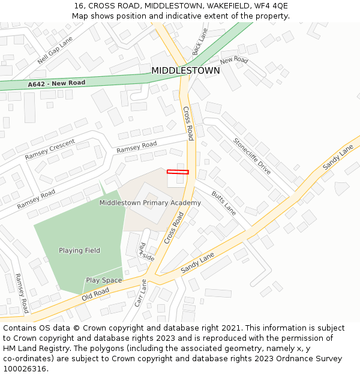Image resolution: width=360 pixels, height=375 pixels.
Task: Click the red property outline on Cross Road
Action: pos(178,172)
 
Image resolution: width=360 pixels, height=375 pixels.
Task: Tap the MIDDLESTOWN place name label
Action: pos(185,71)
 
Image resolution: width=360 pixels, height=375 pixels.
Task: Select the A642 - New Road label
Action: pos(56,84)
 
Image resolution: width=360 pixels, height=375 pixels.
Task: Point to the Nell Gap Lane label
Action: pos(55,50)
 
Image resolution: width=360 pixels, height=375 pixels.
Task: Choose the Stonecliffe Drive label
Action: pos(252,156)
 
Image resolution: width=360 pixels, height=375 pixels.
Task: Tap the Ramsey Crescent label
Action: pos(50,149)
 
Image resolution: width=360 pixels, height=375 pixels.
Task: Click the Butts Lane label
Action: pos(224,204)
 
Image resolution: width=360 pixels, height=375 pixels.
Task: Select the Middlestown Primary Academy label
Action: pos(150,203)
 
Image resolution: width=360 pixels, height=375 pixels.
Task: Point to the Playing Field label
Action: pos(79,250)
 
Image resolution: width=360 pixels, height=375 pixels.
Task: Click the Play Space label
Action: pos(104,280)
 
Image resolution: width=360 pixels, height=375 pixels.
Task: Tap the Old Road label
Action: pos(95,293)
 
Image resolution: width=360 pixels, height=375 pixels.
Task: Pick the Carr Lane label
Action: pos(140,293)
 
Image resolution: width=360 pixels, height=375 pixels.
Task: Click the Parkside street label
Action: pos(143,252)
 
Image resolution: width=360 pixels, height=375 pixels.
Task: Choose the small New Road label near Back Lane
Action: pos(234,61)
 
